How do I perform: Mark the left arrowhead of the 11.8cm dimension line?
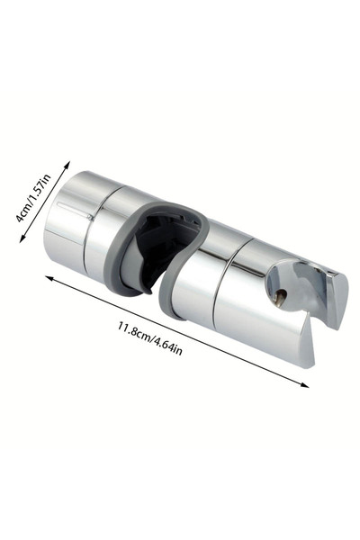pos(50,278)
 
